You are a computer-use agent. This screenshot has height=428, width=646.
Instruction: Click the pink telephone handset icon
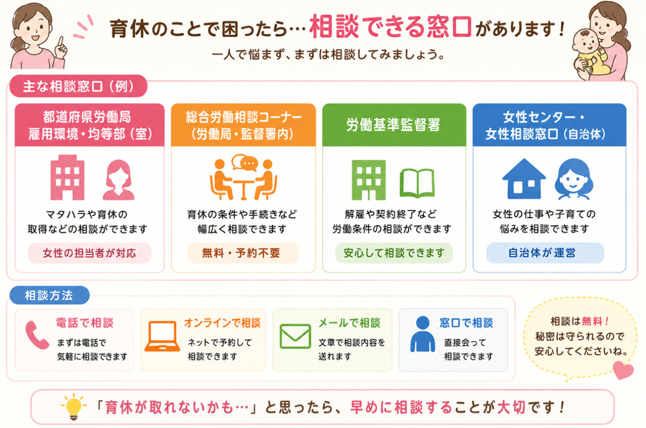pos(37,335)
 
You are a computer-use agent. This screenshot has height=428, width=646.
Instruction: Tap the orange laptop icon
pos(162,336)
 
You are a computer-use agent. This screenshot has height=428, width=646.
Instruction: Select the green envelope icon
pos(295,336)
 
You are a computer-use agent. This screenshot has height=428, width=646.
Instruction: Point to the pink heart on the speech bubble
pos(623,370)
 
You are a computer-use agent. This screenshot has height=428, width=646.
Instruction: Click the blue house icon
pos(524,179)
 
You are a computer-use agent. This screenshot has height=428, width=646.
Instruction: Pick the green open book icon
pos(417,184)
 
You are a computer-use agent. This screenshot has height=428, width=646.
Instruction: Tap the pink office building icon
pos(68,178)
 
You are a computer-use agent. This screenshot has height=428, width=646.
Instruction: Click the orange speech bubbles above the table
pos(245,162)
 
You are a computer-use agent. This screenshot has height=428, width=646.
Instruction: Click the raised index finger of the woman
pos(60,43)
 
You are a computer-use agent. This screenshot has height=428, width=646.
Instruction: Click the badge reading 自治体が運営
pos(545,253)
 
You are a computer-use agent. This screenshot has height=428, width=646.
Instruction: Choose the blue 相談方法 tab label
pos(49,295)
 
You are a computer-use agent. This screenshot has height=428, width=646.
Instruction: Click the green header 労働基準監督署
pos(394,125)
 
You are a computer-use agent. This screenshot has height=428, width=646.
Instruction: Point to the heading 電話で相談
pos(85,323)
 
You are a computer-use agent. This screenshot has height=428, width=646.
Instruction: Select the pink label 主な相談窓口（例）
pos(79,86)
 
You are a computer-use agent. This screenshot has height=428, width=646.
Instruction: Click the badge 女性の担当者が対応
pos(89,253)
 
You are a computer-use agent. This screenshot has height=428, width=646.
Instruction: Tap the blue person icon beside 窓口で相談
pos(423,334)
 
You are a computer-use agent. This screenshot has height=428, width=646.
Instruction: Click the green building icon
pos(368,180)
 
